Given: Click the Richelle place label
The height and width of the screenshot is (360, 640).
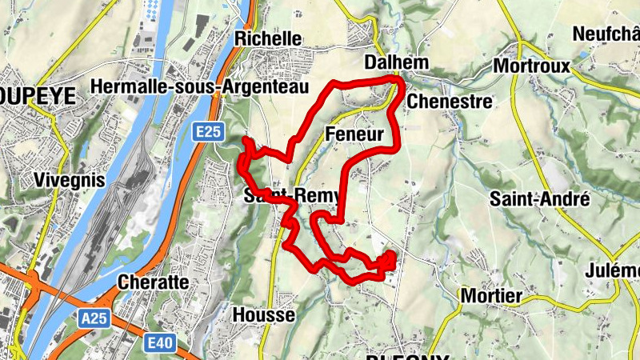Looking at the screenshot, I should click(268, 38).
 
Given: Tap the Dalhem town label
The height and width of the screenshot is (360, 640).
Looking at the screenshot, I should click(396, 62).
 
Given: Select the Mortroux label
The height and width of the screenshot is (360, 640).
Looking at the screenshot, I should click(532, 66).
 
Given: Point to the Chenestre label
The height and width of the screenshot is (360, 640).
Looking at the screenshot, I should click(449, 102).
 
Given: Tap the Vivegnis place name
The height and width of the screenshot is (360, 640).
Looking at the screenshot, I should click(70, 181).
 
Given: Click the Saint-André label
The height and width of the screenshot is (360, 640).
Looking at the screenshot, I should click(540, 198).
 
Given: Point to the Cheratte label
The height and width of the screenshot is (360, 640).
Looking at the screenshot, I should click(153, 282).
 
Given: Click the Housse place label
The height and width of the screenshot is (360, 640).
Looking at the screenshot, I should click(263, 315).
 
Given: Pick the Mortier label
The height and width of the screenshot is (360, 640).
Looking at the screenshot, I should click(491, 297).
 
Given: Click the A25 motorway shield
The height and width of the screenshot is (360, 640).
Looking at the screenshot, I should click(94, 318).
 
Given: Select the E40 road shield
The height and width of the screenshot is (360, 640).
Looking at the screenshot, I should click(161, 342).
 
